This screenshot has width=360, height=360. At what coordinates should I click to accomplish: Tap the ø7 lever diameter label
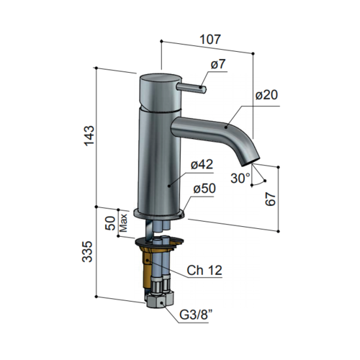click(218, 66)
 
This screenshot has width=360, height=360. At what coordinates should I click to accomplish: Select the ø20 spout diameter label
click(266, 94)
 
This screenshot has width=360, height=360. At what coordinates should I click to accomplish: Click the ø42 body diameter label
click(202, 166)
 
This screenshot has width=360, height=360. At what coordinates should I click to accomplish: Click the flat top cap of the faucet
click(153, 77)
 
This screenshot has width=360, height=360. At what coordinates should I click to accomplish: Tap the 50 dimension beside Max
click(112, 221)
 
